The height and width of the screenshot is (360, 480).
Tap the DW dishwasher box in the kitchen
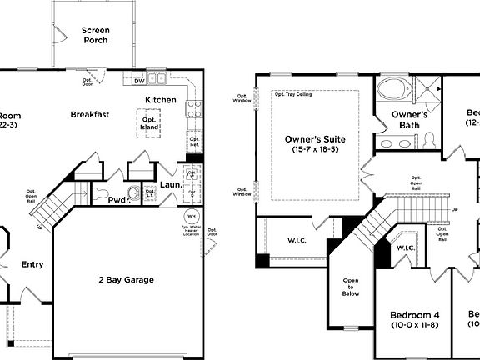pyautogui.click(x=138, y=81)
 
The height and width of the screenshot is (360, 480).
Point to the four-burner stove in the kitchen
pyautogui.click(x=193, y=107)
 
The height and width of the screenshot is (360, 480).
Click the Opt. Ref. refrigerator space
pyautogui.click(x=194, y=142)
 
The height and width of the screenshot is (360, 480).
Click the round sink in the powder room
pyautogui.click(x=132, y=188)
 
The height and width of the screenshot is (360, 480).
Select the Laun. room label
pyautogui.click(x=172, y=185)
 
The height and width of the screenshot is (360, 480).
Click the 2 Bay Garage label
pyautogui.click(x=126, y=280)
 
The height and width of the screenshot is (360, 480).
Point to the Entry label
pyautogui.click(x=32, y=265)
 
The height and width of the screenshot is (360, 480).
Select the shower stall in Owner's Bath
pyautogui.click(x=426, y=87)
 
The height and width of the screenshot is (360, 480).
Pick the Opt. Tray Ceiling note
pyautogui.click(x=293, y=94)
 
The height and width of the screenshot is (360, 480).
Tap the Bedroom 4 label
pyautogui.click(x=414, y=315)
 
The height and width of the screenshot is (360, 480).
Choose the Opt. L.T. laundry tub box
pyautogui.click(x=151, y=193)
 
